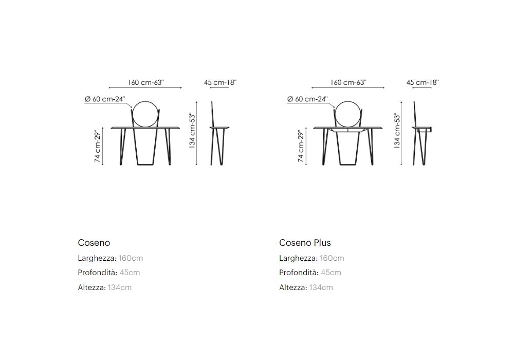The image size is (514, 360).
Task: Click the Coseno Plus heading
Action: [x=305, y=243]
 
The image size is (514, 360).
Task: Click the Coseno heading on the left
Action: [x=94, y=243]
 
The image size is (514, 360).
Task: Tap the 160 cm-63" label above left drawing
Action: [x=145, y=82]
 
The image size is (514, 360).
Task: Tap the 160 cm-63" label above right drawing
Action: [x=348, y=82]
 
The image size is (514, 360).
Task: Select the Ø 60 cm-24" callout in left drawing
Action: [x=105, y=99]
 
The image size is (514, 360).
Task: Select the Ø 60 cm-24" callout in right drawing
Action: [x=307, y=99]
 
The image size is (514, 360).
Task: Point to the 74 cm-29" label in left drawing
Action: [x=98, y=146]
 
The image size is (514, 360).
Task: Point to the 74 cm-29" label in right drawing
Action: [x=301, y=146]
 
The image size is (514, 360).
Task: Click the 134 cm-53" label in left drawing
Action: [x=192, y=131]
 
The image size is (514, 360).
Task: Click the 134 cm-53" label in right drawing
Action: [x=397, y=131]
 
